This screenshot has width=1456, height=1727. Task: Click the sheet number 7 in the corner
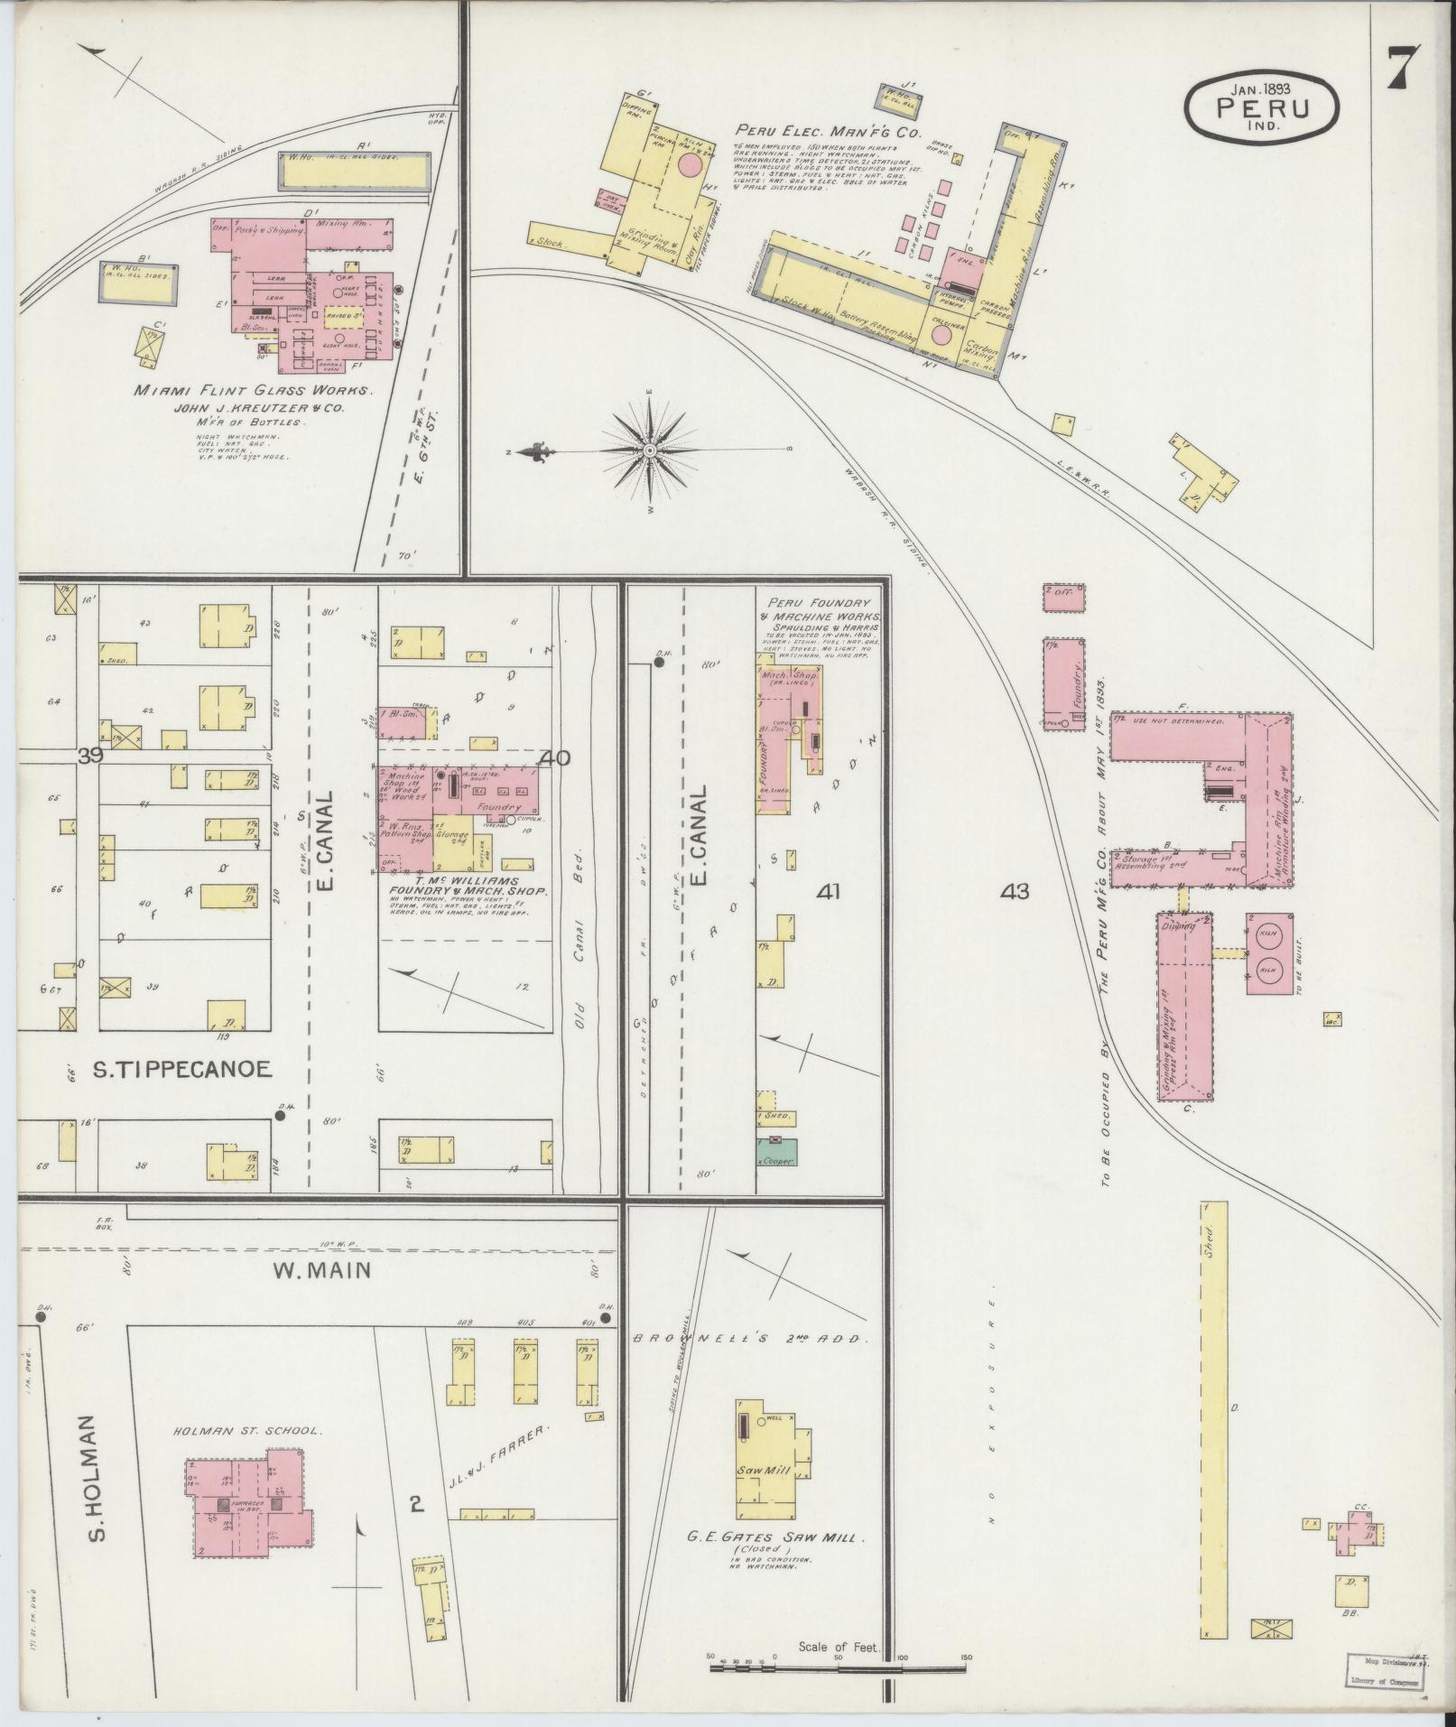coord(1402,67)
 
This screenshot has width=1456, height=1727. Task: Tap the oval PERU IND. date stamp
coord(1263,106)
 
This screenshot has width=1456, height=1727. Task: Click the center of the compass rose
coord(649,450)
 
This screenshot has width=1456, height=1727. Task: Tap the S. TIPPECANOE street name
coord(181,1070)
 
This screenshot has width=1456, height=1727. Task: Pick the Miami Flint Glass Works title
coord(253,391)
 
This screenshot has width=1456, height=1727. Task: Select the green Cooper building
coord(776,1155)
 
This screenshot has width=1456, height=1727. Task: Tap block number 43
coord(1015,891)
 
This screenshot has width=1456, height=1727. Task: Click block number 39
coord(89,757)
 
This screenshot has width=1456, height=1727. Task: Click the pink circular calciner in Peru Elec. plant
coord(941,335)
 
